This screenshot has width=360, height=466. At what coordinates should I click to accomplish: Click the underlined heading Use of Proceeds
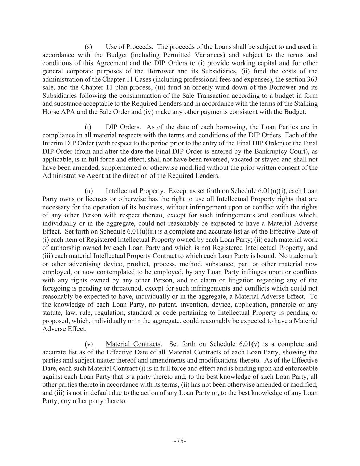129,47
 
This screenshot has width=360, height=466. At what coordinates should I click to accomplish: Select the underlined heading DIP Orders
123,127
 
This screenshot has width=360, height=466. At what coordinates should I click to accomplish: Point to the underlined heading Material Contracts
133,344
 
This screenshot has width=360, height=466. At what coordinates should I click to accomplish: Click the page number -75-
180,441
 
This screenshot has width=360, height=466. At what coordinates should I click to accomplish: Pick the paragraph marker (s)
88,47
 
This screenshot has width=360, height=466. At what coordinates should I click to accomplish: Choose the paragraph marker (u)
89,191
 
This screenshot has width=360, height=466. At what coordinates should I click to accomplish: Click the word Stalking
306,103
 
